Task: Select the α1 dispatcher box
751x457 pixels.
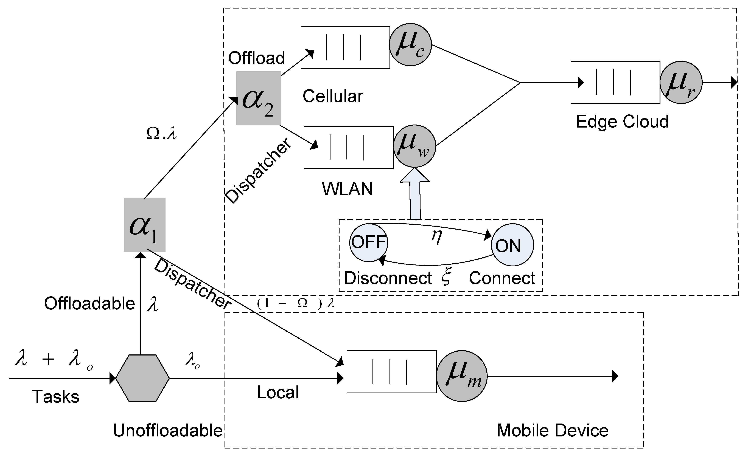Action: [x=144, y=225]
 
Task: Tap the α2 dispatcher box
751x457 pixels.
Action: [x=259, y=98]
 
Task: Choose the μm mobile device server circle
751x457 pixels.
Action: [x=462, y=377]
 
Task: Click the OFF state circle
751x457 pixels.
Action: [x=368, y=242]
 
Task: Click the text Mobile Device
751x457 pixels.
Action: [x=553, y=430]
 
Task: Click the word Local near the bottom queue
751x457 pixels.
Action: [x=278, y=392]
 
